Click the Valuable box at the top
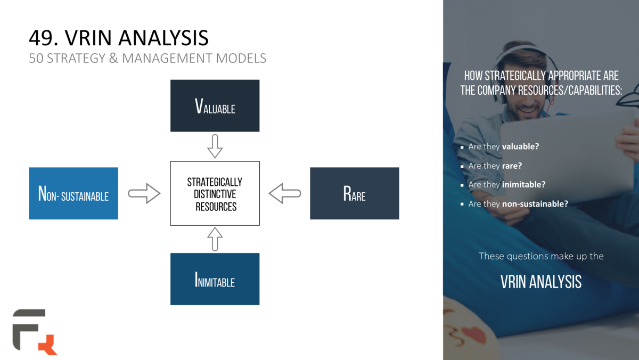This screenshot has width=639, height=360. point(215,105)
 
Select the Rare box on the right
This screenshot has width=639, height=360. point(354,193)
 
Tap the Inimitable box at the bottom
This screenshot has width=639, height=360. point(215,279)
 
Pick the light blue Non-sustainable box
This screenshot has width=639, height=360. point(73,193)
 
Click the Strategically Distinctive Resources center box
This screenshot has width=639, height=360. point(215,193)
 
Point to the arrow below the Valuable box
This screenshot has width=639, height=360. point(215,146)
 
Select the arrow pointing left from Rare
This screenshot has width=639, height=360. point(285,193)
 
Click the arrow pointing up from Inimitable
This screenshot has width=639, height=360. point(215,239)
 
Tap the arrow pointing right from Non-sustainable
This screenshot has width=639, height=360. point(144,193)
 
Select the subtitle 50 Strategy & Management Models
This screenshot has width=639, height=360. point(148,59)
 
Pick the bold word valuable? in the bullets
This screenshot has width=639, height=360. point(520,146)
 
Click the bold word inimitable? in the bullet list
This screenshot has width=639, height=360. point(523,185)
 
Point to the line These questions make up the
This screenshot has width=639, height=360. point(541,256)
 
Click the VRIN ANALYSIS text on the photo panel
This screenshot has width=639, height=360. point(541,282)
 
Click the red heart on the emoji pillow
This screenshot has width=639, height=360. point(472,335)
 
